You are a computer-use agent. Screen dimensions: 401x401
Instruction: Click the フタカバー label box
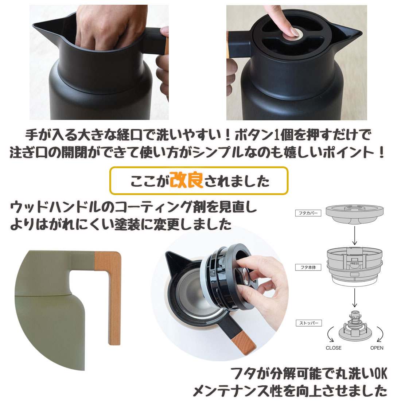308,213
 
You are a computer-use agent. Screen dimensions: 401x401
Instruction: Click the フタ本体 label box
308,267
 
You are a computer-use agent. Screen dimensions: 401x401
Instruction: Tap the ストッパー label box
309,323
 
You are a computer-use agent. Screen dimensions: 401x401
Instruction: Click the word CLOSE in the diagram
334,348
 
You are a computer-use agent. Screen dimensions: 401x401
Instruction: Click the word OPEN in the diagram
377,348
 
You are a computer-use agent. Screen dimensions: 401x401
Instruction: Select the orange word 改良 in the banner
186,180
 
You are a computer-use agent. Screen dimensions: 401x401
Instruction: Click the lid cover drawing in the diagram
354,214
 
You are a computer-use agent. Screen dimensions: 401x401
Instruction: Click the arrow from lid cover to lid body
354,235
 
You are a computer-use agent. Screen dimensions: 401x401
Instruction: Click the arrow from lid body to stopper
354,297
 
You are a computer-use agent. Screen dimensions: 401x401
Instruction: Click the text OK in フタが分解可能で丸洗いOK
381,373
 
